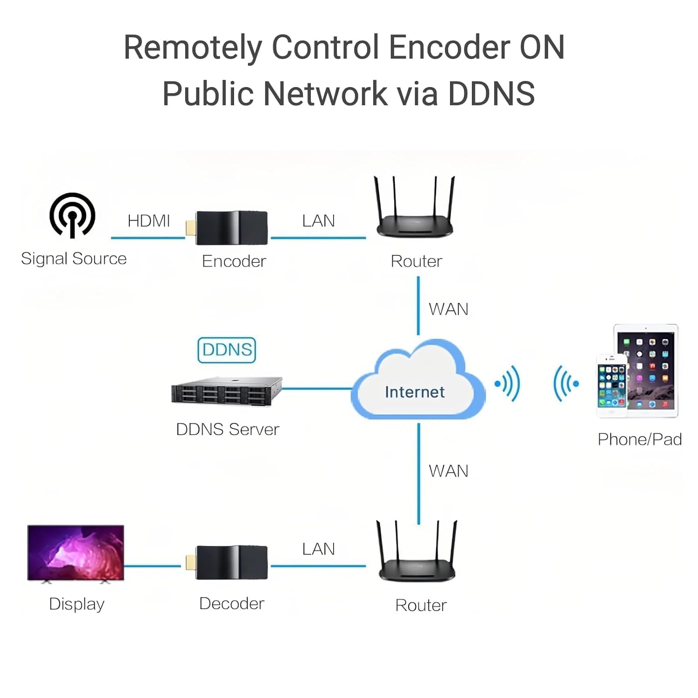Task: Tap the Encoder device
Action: click(x=231, y=228)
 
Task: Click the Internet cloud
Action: click(x=416, y=386)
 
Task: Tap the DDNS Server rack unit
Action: click(x=227, y=391)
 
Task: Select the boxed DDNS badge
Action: click(x=227, y=350)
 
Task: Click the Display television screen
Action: click(x=76, y=552)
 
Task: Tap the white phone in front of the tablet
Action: click(x=611, y=386)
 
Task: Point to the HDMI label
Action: click(x=148, y=221)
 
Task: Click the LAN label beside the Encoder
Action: click(x=318, y=221)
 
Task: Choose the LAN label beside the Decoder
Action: click(x=318, y=549)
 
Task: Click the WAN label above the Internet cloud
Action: click(x=448, y=309)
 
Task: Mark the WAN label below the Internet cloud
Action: click(x=448, y=471)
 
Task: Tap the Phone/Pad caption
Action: click(x=639, y=439)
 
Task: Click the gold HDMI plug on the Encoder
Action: click(x=190, y=228)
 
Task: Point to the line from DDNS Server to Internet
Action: click(x=316, y=388)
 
